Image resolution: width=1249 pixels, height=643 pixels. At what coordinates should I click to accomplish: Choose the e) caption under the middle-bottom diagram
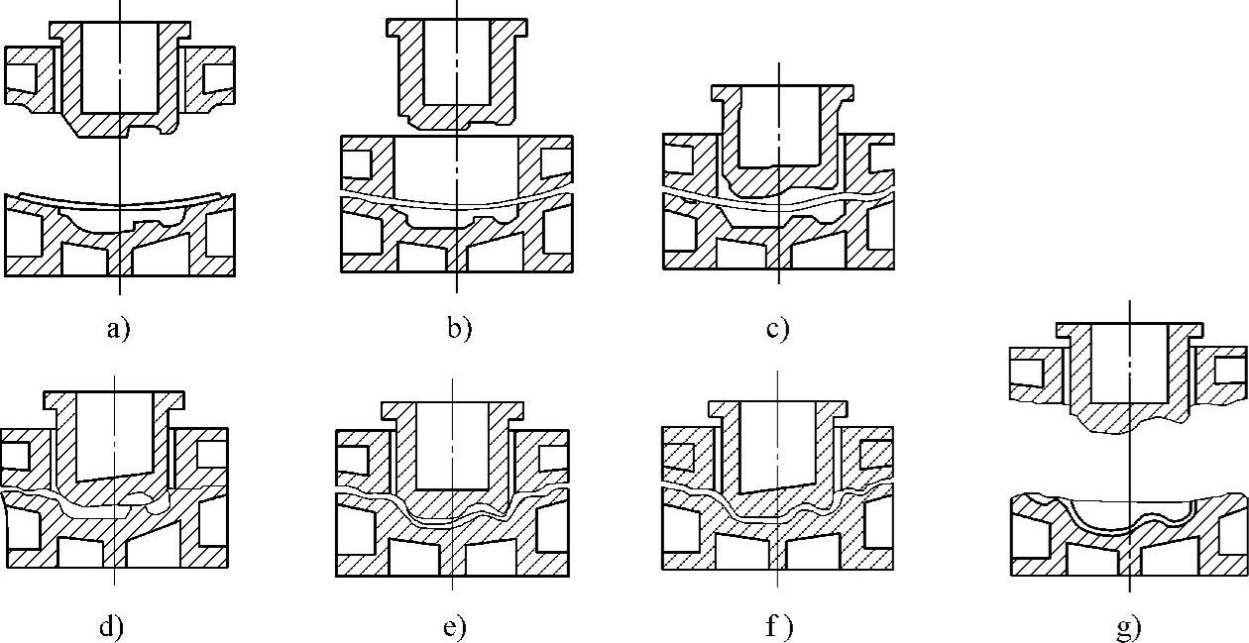coord(452,626)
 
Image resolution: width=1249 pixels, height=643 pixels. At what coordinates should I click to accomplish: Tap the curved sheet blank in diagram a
coord(119,202)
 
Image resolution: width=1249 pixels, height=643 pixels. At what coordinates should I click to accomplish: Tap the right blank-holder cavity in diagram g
coord(1228,370)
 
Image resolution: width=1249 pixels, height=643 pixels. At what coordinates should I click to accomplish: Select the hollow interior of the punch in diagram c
coord(778,127)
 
